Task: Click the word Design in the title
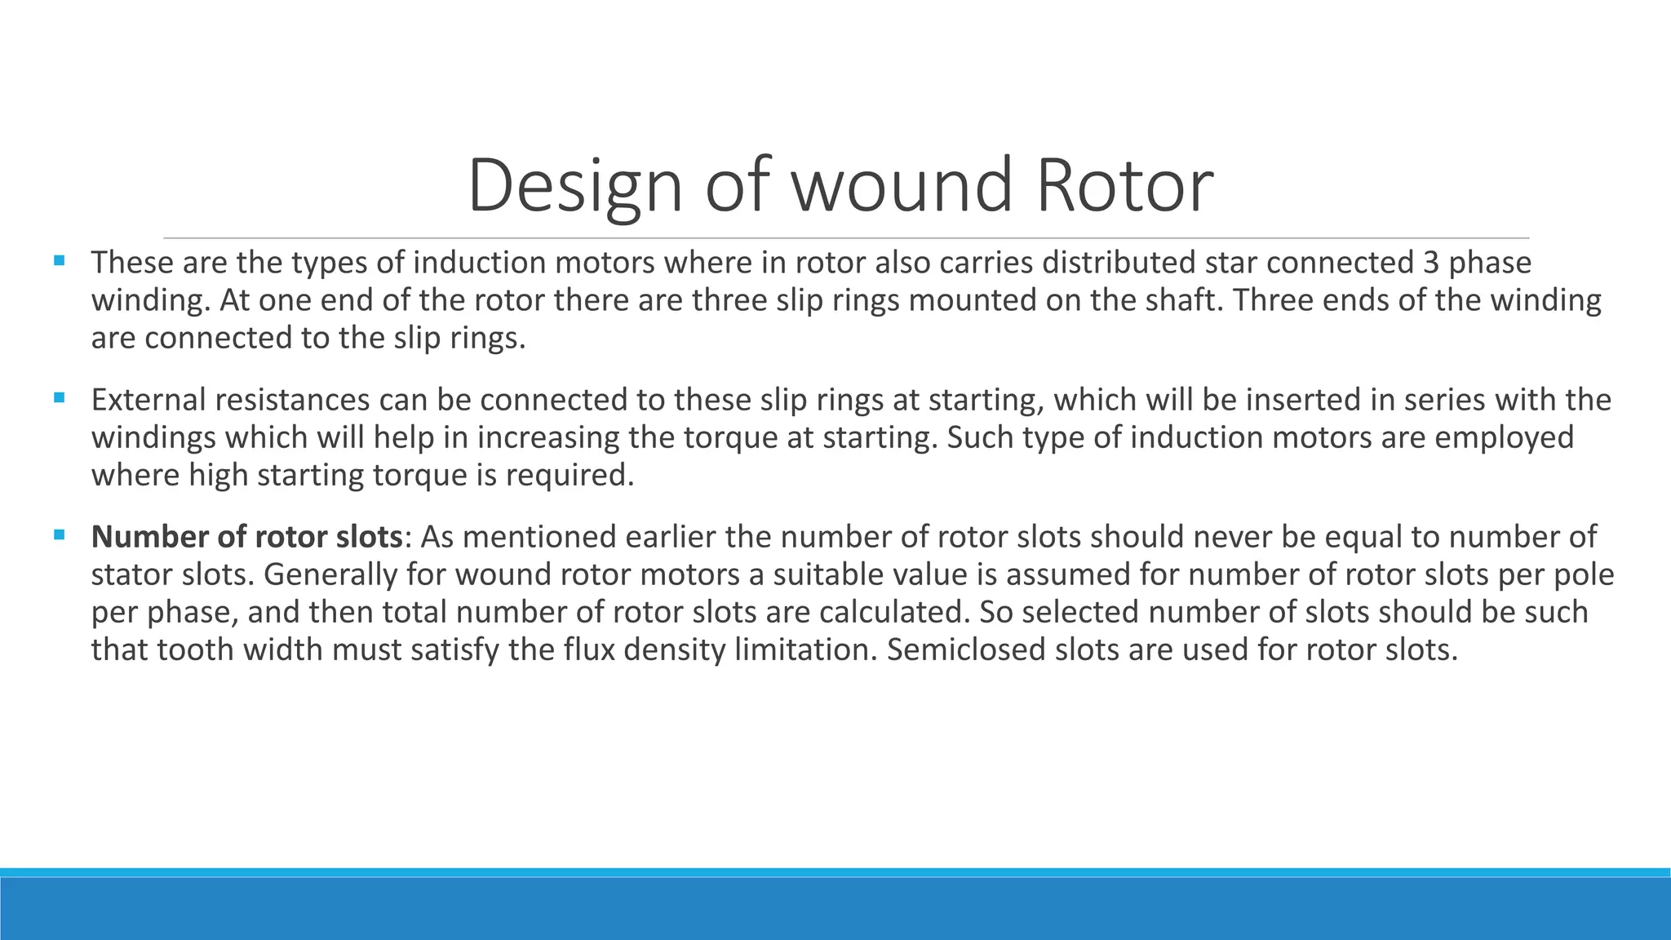pos(574,186)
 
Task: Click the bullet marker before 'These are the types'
pos(59,262)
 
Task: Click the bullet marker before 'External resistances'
pos(59,399)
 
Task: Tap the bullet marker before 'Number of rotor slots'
pos(59,536)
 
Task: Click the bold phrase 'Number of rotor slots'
pos(246,537)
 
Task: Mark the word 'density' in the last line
pos(675,650)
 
